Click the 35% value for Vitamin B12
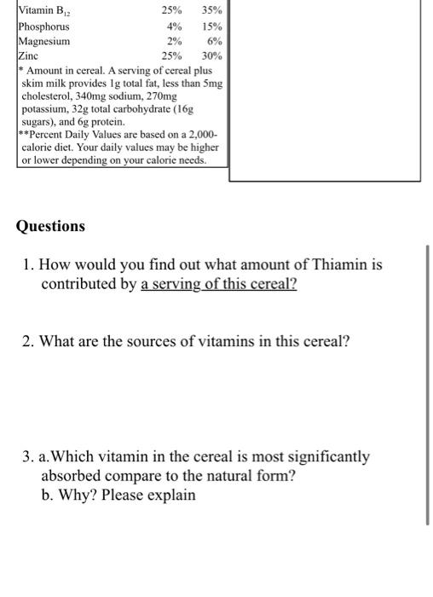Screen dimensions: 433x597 (211, 11)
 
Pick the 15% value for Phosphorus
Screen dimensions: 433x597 (212, 26)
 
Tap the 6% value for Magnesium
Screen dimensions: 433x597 (215, 40)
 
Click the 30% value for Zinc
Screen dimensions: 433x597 (212, 55)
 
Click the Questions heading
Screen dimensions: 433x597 (50, 226)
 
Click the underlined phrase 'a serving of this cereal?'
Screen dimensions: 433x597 (219, 284)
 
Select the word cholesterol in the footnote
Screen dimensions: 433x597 (51, 96)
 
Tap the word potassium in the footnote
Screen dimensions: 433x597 (50, 110)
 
